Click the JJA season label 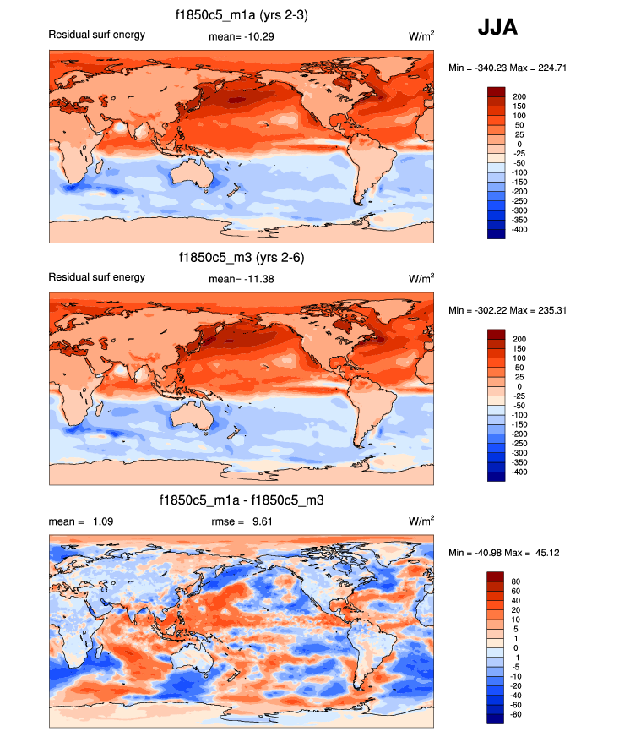point(497,28)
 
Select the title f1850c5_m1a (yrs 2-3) point(242,14)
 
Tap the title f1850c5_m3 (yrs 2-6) point(242,258)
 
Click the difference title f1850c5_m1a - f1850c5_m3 point(242,501)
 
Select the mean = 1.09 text point(81,522)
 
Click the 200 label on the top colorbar point(520,97)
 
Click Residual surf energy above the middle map point(97,277)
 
